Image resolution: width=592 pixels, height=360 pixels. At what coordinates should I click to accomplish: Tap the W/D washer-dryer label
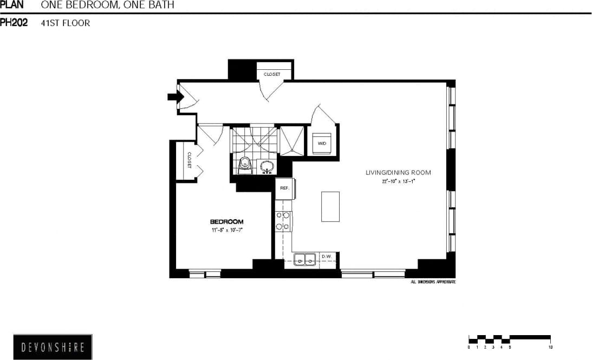coord(322,143)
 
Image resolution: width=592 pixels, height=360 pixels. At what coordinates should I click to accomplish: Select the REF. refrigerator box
coord(284,188)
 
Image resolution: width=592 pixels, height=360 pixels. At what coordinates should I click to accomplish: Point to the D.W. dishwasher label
coord(326,257)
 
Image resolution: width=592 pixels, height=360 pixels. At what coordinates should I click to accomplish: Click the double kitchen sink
coord(305,260)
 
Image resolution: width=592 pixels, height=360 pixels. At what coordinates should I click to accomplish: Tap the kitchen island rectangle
coord(330,206)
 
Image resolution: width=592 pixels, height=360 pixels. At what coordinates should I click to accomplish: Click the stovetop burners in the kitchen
coord(283,221)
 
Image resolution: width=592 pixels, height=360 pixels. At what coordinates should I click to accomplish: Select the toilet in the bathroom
coord(245,164)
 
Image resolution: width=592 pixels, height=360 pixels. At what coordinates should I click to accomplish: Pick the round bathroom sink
coord(266,167)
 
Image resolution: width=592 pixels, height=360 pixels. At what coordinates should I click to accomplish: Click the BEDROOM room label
coord(226,221)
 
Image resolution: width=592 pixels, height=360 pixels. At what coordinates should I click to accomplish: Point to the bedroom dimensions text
coord(226,230)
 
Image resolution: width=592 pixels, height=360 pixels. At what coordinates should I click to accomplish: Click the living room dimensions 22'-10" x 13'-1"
coord(398,182)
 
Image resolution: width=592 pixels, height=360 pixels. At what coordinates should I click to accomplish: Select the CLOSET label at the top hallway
coord(272,74)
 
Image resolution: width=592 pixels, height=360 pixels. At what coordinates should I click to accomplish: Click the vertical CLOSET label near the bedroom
coord(190,160)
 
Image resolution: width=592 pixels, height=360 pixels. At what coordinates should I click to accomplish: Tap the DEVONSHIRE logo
coord(53,347)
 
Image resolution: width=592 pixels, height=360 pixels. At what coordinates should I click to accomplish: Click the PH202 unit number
coord(14,23)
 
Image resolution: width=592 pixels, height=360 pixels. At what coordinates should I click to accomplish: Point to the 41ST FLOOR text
coord(66,23)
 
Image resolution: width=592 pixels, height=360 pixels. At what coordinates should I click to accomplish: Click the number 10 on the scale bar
coord(550,347)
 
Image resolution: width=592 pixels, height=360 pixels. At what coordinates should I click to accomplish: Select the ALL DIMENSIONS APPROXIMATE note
coord(433,282)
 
